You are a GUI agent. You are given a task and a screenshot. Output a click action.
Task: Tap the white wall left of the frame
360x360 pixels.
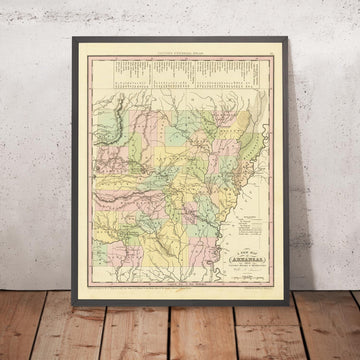point(35,150)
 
